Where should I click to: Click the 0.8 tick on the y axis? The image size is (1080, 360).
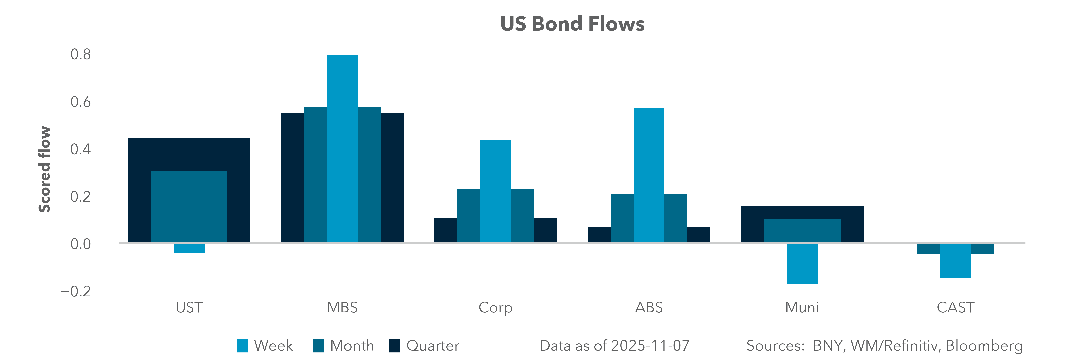click(x=80, y=54)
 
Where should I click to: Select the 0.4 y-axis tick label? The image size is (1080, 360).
click(x=80, y=149)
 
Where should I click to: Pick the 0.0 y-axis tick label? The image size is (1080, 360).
click(x=80, y=244)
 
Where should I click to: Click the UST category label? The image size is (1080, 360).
click(x=189, y=308)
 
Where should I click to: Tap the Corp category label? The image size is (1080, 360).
click(x=496, y=308)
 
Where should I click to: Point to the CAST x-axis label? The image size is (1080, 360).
click(x=955, y=308)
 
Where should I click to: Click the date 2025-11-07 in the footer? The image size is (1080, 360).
click(x=650, y=346)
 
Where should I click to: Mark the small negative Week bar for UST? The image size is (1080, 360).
click(x=189, y=248)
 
